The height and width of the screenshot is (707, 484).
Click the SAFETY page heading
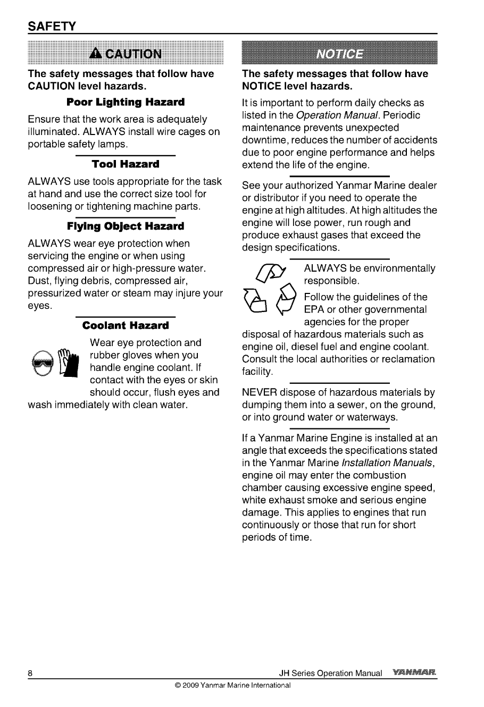point(53,26)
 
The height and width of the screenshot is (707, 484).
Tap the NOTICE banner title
point(340,54)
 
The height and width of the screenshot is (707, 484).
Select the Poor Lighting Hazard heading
point(126,102)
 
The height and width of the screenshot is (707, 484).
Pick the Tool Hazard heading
point(126,164)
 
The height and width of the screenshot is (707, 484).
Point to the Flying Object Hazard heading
point(126,226)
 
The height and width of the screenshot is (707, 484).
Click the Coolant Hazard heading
point(126,325)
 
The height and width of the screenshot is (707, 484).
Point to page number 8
point(31,674)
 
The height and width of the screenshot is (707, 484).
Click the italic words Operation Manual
point(338,115)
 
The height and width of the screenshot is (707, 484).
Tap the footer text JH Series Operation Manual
point(330,674)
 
